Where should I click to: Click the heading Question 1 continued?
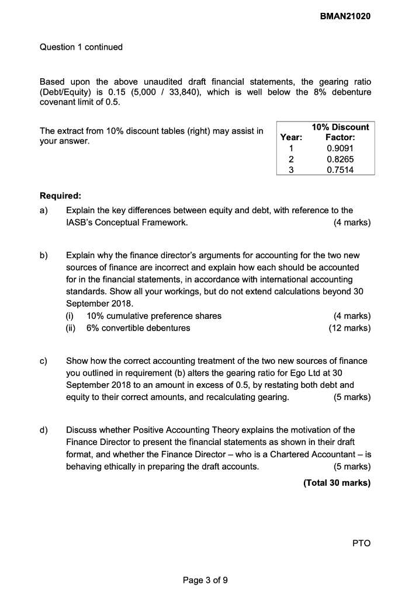(x=81, y=47)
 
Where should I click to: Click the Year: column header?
(x=291, y=138)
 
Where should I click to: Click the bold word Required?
(x=60, y=196)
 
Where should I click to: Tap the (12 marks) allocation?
(x=349, y=328)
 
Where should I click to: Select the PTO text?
(x=362, y=543)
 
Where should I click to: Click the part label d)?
(x=44, y=430)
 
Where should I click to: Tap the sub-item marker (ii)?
(x=72, y=328)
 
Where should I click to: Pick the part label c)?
(x=44, y=360)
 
